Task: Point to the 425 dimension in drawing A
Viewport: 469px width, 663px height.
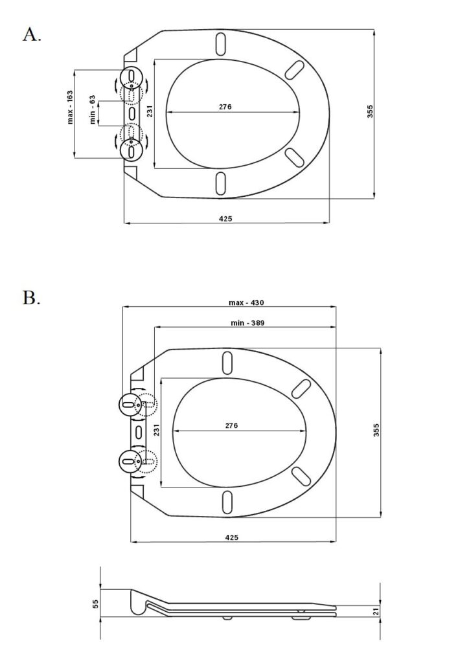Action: click(x=225, y=219)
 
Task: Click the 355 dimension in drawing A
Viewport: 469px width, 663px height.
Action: click(x=370, y=111)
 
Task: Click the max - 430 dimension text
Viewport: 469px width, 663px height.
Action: click(x=247, y=302)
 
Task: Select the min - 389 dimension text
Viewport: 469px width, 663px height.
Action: click(x=247, y=322)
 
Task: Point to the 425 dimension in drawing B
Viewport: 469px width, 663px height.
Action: click(x=232, y=537)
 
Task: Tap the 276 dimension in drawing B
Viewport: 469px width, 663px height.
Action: click(x=231, y=425)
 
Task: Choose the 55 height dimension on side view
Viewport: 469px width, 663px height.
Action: click(x=95, y=603)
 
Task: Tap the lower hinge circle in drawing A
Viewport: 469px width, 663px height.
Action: click(x=132, y=150)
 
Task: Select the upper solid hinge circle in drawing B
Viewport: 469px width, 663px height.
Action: click(x=128, y=405)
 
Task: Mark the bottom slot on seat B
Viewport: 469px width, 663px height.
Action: click(x=227, y=501)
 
